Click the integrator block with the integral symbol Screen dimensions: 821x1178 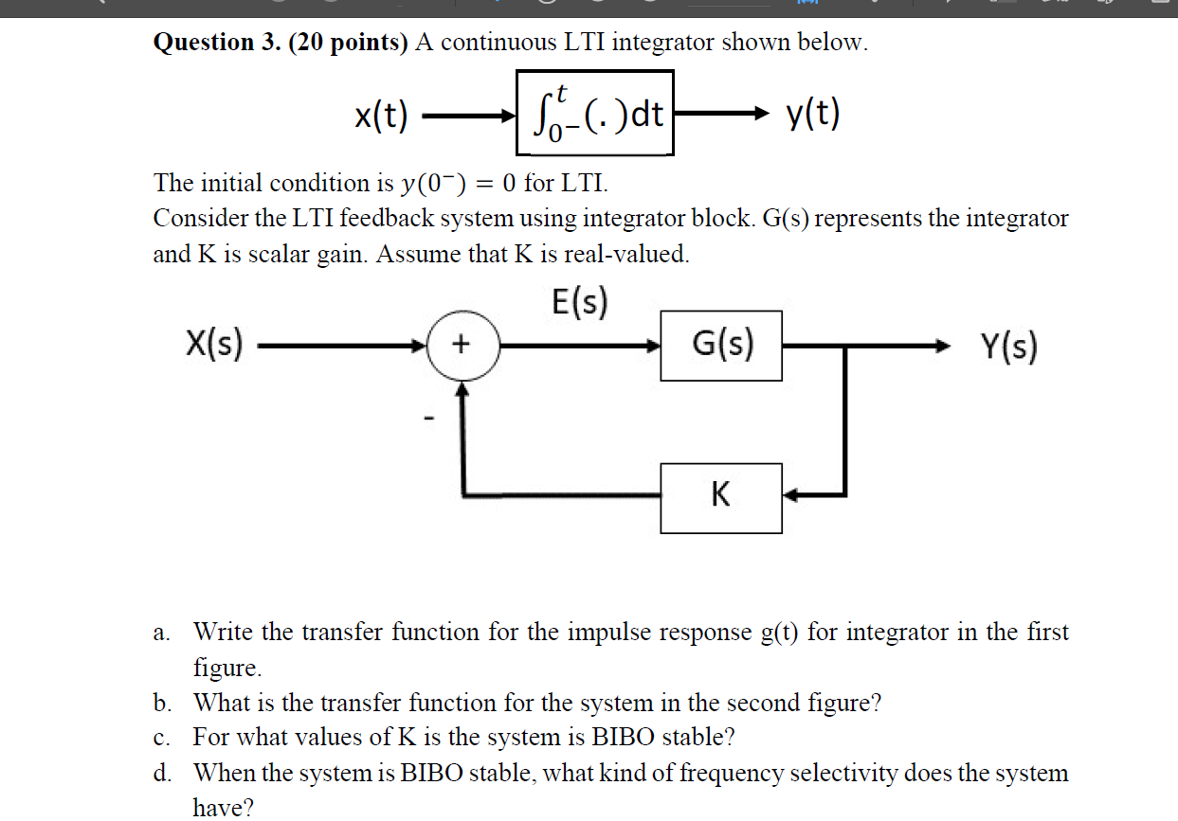coord(595,113)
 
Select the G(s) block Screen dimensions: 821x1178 coord(721,345)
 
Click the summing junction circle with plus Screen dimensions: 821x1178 coord(462,346)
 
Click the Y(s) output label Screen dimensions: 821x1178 coord(1009,347)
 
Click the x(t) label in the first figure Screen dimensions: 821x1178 coord(381,116)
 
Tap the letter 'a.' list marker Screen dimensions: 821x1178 coord(162,633)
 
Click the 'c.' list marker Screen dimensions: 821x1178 coord(162,738)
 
